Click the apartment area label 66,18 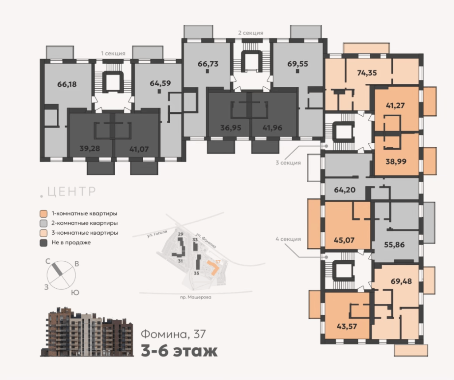[67, 84]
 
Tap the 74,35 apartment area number [367, 73]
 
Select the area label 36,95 [231, 128]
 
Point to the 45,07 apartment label [344, 240]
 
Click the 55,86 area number [394, 245]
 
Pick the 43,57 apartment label [347, 326]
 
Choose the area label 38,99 [396, 161]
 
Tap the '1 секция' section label [113, 54]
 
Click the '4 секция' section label [288, 239]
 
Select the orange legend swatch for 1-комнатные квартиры [43, 214]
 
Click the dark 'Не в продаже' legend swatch [43, 243]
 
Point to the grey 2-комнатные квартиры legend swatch [43, 223]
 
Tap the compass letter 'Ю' [75, 293]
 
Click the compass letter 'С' [48, 262]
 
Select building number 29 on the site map [181, 234]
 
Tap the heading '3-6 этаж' [179, 351]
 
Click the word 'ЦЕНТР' [71, 192]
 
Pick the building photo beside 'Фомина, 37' [87, 332]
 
